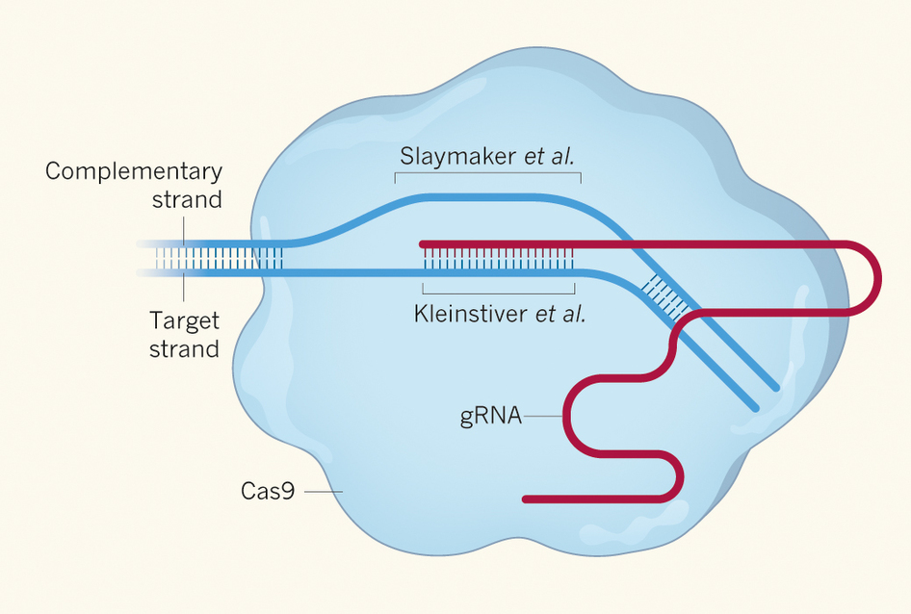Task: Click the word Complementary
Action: [134, 172]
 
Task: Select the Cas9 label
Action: [267, 491]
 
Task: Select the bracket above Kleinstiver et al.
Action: [499, 290]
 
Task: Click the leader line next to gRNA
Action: [543, 417]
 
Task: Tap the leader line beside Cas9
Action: [324, 491]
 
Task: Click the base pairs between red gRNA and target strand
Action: [498, 258]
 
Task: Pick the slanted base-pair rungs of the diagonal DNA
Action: [668, 294]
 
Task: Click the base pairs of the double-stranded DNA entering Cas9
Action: [221, 258]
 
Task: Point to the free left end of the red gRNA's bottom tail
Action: [526, 499]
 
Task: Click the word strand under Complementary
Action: [187, 200]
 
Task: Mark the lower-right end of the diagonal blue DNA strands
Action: [767, 398]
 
